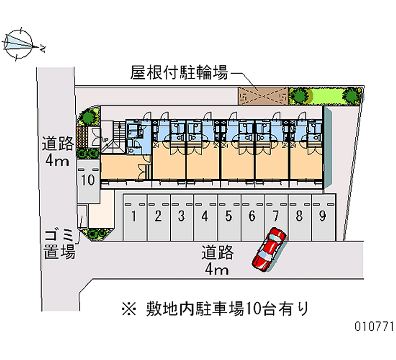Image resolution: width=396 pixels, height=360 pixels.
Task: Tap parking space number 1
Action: (134, 216)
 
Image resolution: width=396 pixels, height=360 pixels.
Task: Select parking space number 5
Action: (228, 216)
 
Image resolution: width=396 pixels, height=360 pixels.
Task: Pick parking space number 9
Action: (322, 216)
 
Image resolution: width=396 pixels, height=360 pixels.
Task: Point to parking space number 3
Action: (181, 216)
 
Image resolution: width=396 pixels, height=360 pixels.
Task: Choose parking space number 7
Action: (275, 216)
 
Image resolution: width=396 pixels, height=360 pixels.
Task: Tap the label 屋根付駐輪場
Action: (179, 73)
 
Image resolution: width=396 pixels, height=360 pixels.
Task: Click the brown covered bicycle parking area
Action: (263, 96)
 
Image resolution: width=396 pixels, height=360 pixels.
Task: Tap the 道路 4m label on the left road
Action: (57, 151)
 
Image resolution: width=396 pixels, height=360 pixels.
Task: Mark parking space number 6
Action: (252, 216)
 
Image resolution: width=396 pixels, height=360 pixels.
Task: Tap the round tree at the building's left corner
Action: (89, 117)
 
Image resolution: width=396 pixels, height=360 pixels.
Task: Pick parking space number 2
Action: (158, 216)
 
